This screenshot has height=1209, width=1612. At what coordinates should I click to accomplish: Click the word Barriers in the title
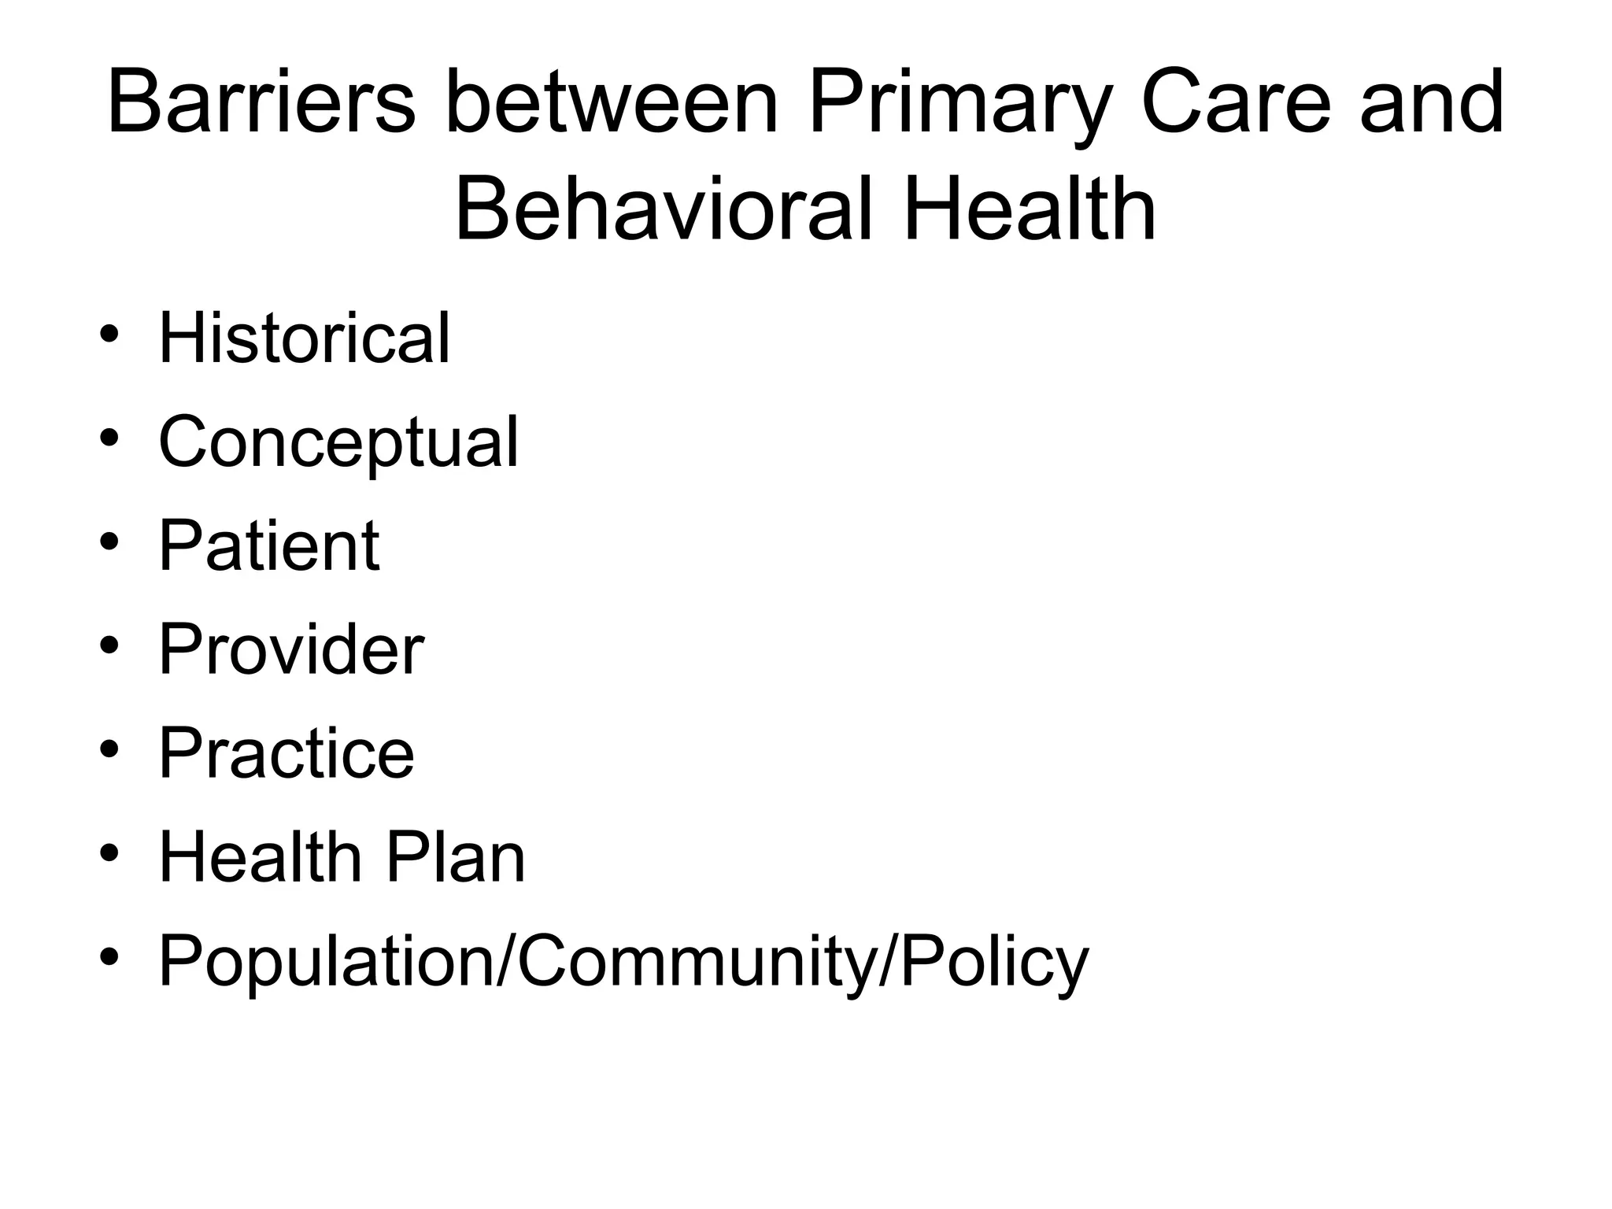[261, 103]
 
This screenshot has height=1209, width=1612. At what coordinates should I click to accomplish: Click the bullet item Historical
[305, 338]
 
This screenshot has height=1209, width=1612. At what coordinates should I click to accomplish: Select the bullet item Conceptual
[338, 443]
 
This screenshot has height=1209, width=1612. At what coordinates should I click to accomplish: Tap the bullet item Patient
[269, 545]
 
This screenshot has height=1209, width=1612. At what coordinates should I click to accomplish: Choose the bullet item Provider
[291, 649]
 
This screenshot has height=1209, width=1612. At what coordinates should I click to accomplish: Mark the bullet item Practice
[287, 753]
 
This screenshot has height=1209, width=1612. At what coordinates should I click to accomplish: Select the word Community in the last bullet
[696, 962]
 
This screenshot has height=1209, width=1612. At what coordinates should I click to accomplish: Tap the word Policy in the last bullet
[994, 962]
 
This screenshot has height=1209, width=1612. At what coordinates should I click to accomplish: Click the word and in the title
[1432, 103]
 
